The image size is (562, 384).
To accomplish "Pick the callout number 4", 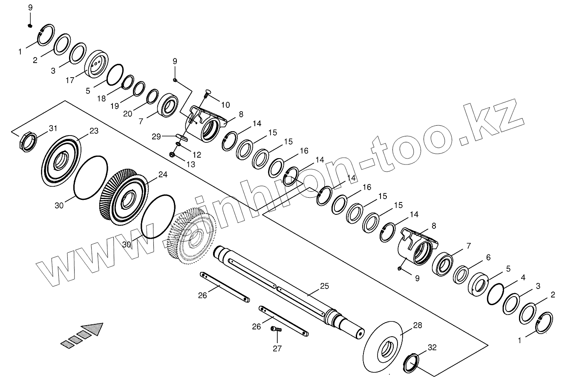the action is (523, 277).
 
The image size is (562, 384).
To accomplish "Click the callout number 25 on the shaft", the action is (325, 286).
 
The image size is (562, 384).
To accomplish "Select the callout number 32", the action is (432, 347).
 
